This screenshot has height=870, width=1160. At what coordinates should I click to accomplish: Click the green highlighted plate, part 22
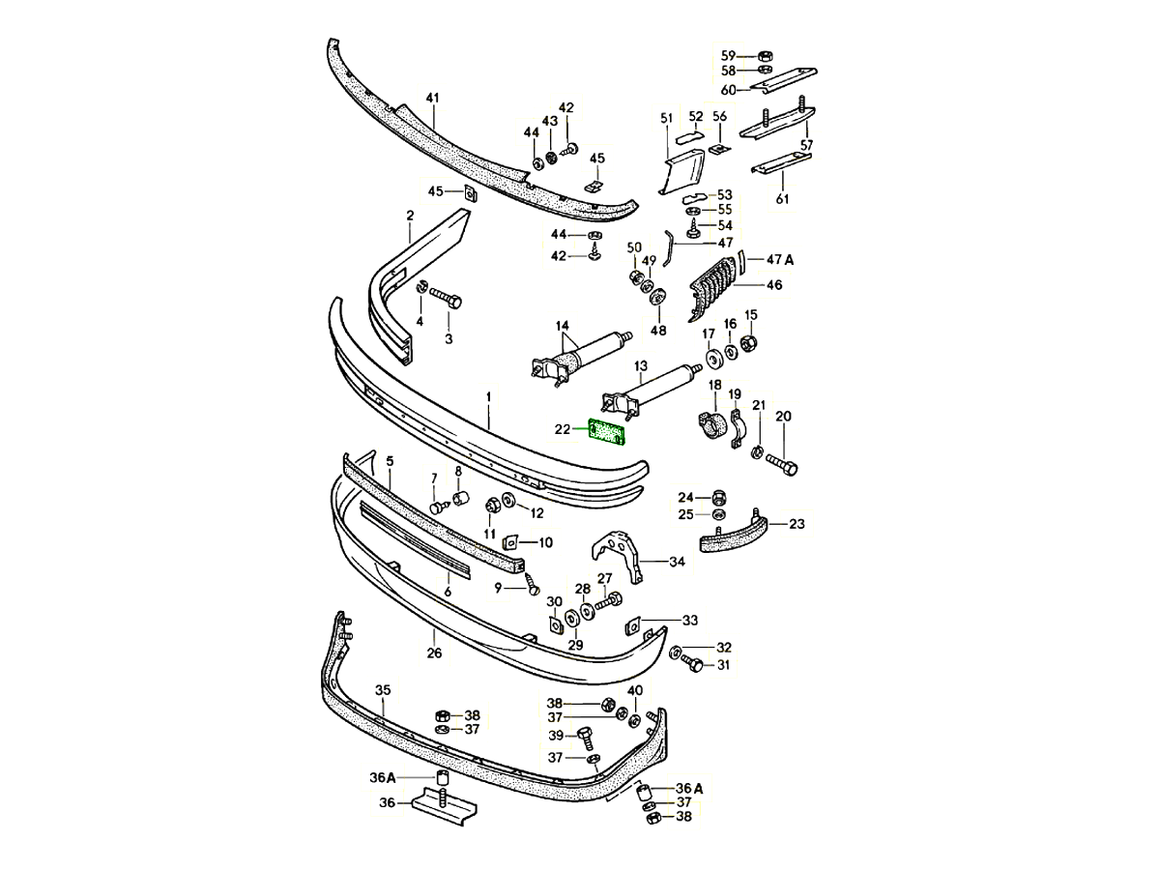[607, 432]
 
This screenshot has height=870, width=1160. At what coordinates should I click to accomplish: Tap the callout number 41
[433, 98]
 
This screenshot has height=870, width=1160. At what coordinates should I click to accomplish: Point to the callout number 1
[489, 396]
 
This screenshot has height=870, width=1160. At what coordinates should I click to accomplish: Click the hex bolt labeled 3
[447, 298]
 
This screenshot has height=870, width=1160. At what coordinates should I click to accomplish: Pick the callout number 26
[434, 653]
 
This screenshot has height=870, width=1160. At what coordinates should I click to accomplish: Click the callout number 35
[383, 690]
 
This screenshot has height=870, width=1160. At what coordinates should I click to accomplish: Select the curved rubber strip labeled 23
[734, 533]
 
